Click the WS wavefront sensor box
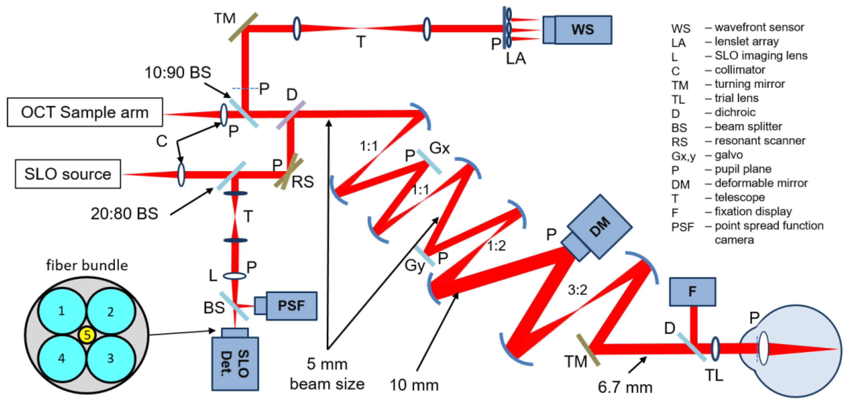click(x=583, y=30)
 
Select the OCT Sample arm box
click(x=85, y=112)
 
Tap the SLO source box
click(x=68, y=174)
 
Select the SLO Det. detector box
click(x=235, y=363)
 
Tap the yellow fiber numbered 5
click(x=87, y=335)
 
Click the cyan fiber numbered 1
click(x=62, y=311)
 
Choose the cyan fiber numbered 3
click(x=111, y=358)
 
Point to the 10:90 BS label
click(x=178, y=72)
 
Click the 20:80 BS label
click(x=124, y=214)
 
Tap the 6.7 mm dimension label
click(x=625, y=387)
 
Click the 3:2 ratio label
click(x=577, y=290)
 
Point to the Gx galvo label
click(x=439, y=148)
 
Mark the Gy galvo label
click(x=415, y=265)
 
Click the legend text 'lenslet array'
click(x=746, y=41)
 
